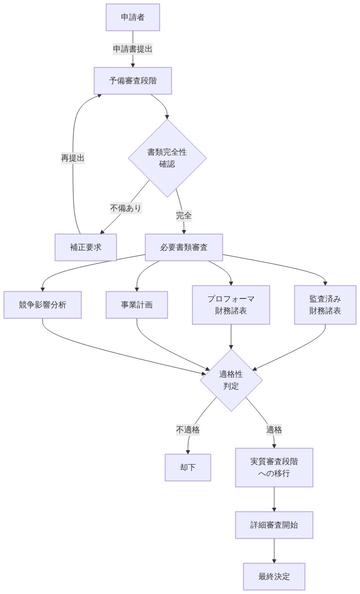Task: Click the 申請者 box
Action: [x=133, y=17]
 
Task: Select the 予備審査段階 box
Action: [x=133, y=81]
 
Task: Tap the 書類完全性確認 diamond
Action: [x=167, y=158]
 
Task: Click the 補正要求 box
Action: [x=86, y=247]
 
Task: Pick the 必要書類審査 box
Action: [x=184, y=247]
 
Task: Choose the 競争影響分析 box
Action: [x=43, y=305]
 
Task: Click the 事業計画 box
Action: [x=137, y=305]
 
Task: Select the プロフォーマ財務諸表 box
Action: [x=231, y=305]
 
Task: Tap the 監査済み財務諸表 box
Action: [x=325, y=305]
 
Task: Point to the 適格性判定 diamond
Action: [x=231, y=380]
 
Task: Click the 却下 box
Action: [x=188, y=468]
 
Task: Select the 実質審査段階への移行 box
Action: [x=274, y=468]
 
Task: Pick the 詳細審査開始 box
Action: [x=274, y=525]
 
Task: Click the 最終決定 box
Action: [x=274, y=577]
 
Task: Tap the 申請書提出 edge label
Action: [x=133, y=49]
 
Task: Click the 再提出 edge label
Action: [x=73, y=158]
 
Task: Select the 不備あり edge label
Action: [x=126, y=208]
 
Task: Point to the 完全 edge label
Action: [x=184, y=216]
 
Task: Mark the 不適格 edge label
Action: [x=188, y=430]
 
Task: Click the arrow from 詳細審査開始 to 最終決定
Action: [x=274, y=550]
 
